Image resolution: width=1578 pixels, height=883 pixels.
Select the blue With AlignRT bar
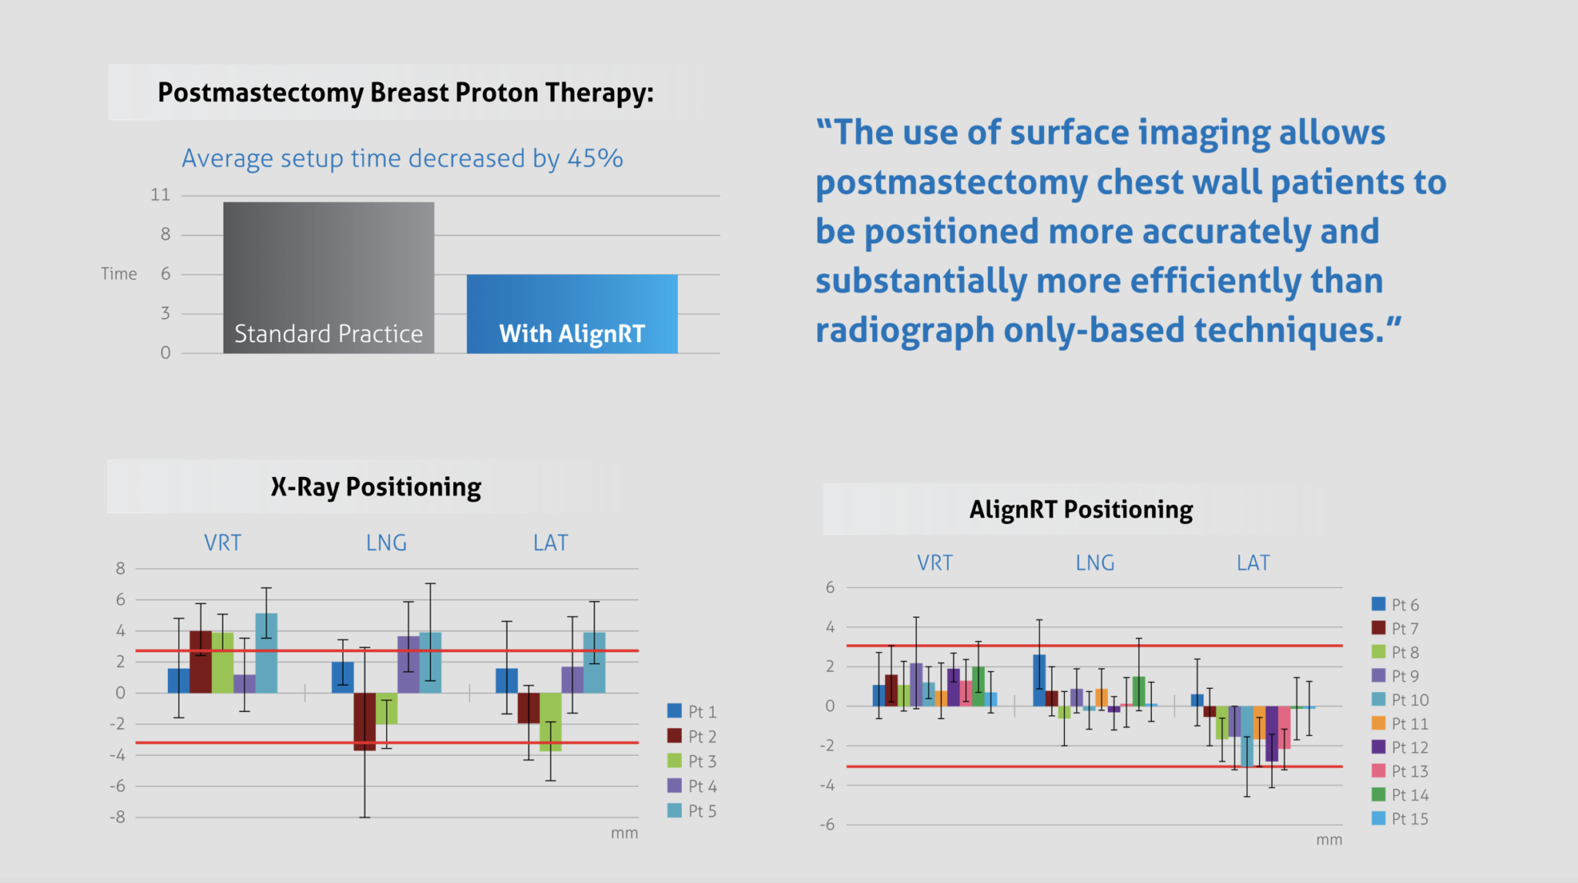(572, 308)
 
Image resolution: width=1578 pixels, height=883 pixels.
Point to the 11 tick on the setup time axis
(160, 195)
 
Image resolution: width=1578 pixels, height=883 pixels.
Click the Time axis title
(119, 274)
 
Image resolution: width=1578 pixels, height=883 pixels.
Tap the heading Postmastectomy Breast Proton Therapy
(405, 92)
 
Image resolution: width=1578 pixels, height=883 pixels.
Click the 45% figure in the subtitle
(595, 159)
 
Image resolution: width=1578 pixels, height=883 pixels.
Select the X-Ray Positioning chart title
(376, 487)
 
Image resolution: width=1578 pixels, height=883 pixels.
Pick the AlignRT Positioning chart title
(1080, 509)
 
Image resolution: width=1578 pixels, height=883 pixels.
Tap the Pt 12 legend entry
(1400, 747)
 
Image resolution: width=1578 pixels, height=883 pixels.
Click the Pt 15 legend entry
(1400, 819)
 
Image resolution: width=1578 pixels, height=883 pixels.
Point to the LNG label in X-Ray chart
(386, 543)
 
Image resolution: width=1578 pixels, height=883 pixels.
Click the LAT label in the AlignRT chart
(1253, 563)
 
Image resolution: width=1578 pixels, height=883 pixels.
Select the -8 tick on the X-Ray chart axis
(117, 818)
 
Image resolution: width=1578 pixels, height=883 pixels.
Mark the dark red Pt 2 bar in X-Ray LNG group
(364, 720)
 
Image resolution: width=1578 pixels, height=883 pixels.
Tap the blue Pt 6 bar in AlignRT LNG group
(1039, 680)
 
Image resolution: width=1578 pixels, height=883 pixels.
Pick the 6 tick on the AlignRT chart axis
(830, 587)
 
